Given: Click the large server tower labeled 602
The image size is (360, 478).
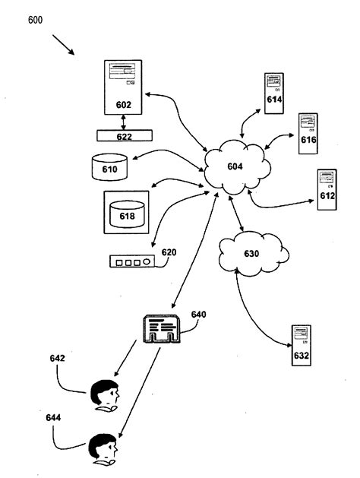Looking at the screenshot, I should pos(124,86).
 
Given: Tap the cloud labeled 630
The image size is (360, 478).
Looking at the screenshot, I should pos(254,255).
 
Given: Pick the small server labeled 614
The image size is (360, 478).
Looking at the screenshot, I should pos(273,93).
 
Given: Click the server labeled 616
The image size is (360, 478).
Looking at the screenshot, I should pos(308,134).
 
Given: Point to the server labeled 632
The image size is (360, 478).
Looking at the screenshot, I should pos(301,347).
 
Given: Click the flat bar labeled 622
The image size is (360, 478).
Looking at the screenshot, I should pos(124,137).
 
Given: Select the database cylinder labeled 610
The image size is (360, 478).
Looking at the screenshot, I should pos(109,167).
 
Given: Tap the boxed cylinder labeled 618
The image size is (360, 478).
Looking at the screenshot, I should pos(126,213).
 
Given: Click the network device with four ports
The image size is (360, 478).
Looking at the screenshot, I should pos(132,262).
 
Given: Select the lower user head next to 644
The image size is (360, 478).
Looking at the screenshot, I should pos(103,448).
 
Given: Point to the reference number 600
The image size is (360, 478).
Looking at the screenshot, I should pos(36,21).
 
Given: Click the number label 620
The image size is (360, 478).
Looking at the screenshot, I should pos(169,252).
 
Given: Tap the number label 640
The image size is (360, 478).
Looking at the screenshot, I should pos(199,314).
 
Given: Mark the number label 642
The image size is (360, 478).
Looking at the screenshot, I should pos(58,358).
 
